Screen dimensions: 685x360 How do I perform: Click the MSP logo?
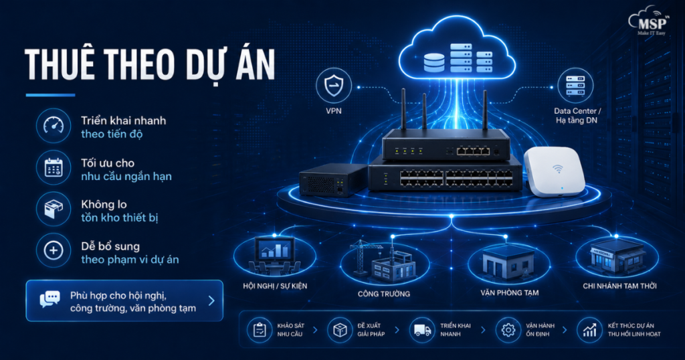point(649,21)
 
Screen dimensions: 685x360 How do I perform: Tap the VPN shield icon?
point(334,85)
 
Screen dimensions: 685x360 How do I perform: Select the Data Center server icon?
point(575,86)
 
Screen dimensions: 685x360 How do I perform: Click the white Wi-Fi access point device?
point(555,171)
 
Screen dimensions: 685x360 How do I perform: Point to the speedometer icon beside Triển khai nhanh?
point(54,126)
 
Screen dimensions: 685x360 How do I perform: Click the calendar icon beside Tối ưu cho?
point(54,167)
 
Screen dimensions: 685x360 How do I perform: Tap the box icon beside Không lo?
point(54,209)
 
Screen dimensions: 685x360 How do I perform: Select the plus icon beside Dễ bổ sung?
point(54,251)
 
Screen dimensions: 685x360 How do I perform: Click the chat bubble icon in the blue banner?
point(50,299)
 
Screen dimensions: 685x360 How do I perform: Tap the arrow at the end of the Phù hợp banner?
point(211,300)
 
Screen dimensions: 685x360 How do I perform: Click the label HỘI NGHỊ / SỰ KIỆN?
point(275,286)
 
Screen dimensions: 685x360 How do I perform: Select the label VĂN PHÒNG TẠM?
point(509,292)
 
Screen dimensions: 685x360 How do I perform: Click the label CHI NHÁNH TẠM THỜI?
point(619,286)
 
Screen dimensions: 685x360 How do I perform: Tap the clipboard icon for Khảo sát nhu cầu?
point(260,330)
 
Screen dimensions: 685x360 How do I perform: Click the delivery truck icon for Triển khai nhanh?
point(423,331)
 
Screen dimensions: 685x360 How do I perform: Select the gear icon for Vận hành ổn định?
point(508,330)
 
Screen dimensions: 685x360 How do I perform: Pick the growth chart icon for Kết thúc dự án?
point(589,331)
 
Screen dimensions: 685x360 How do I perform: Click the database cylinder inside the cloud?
point(434,62)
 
